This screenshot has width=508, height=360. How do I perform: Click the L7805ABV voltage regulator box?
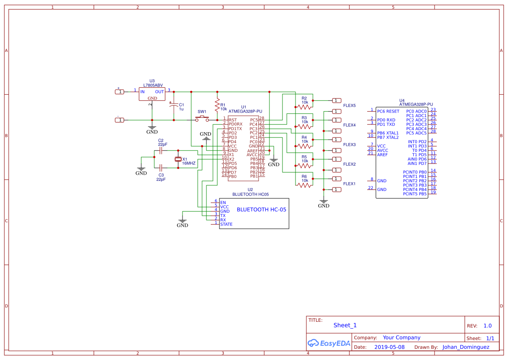coord(152,94)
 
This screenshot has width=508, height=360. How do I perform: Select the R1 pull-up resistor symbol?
coord(217,105)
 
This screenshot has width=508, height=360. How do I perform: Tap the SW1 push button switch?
coord(202,118)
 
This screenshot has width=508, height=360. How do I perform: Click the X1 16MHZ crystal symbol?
coord(178,160)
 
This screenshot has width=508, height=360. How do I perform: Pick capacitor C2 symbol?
coord(161,150)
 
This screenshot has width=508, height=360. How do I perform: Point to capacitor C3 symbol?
coord(161,167)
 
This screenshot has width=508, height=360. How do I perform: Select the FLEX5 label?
coord(349,106)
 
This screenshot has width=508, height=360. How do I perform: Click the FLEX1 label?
coord(349,184)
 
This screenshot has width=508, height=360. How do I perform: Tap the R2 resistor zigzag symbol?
coord(304,107)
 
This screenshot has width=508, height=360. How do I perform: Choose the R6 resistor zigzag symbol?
coord(304,185)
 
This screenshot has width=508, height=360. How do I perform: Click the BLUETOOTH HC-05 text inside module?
coord(261,210)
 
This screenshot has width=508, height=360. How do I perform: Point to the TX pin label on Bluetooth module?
coord(223,216)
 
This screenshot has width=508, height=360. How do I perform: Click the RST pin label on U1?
coord(233,120)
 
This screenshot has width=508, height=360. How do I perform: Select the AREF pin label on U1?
coord(252,150)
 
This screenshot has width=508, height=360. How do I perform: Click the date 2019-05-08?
coord(389,347)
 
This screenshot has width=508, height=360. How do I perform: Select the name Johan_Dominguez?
coord(465,347)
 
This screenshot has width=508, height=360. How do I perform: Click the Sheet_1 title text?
coord(345,325)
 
